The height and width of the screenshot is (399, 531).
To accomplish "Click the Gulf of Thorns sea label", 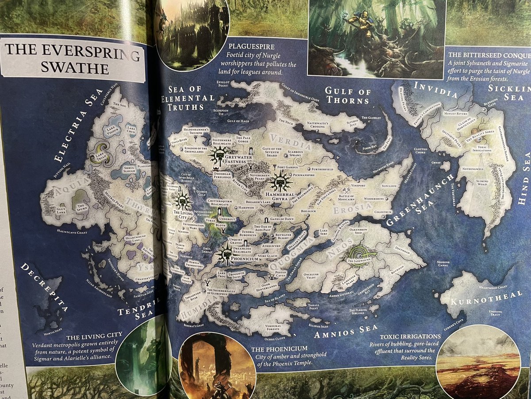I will click(x=347, y=96).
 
